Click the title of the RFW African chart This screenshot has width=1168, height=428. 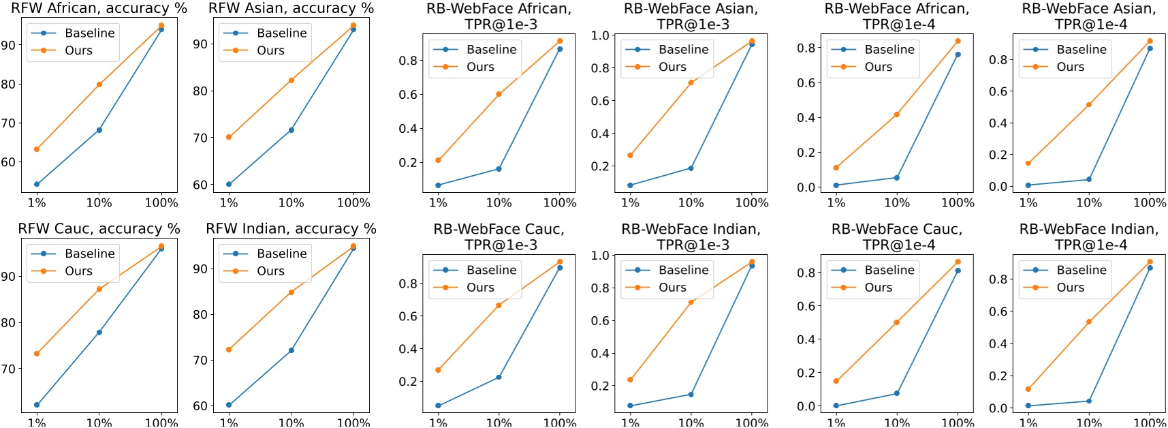99,8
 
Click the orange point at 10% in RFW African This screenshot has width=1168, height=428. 99,85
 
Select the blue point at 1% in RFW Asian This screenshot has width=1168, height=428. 229,184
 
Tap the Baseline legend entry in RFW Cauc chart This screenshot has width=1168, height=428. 89,254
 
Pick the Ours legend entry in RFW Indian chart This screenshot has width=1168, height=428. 270,271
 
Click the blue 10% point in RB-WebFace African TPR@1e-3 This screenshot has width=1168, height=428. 499,169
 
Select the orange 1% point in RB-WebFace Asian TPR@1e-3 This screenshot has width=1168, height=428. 631,155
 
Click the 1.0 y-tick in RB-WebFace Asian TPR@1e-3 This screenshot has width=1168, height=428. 600,35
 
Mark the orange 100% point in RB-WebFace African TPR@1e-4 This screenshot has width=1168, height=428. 958,42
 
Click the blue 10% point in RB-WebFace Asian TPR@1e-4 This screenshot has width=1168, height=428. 1088,179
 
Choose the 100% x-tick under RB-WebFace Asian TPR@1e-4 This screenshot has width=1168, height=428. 1150,203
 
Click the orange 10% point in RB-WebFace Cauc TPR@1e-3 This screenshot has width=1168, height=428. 499,305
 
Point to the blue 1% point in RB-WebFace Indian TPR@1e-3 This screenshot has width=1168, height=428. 631,406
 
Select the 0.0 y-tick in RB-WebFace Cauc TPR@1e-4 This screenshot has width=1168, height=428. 806,406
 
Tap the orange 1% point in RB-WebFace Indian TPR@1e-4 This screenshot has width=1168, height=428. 1028,389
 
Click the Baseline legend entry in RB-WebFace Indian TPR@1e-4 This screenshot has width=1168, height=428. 1081,270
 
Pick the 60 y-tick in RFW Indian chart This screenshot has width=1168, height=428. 200,406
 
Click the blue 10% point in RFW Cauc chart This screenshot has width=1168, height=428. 99,333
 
